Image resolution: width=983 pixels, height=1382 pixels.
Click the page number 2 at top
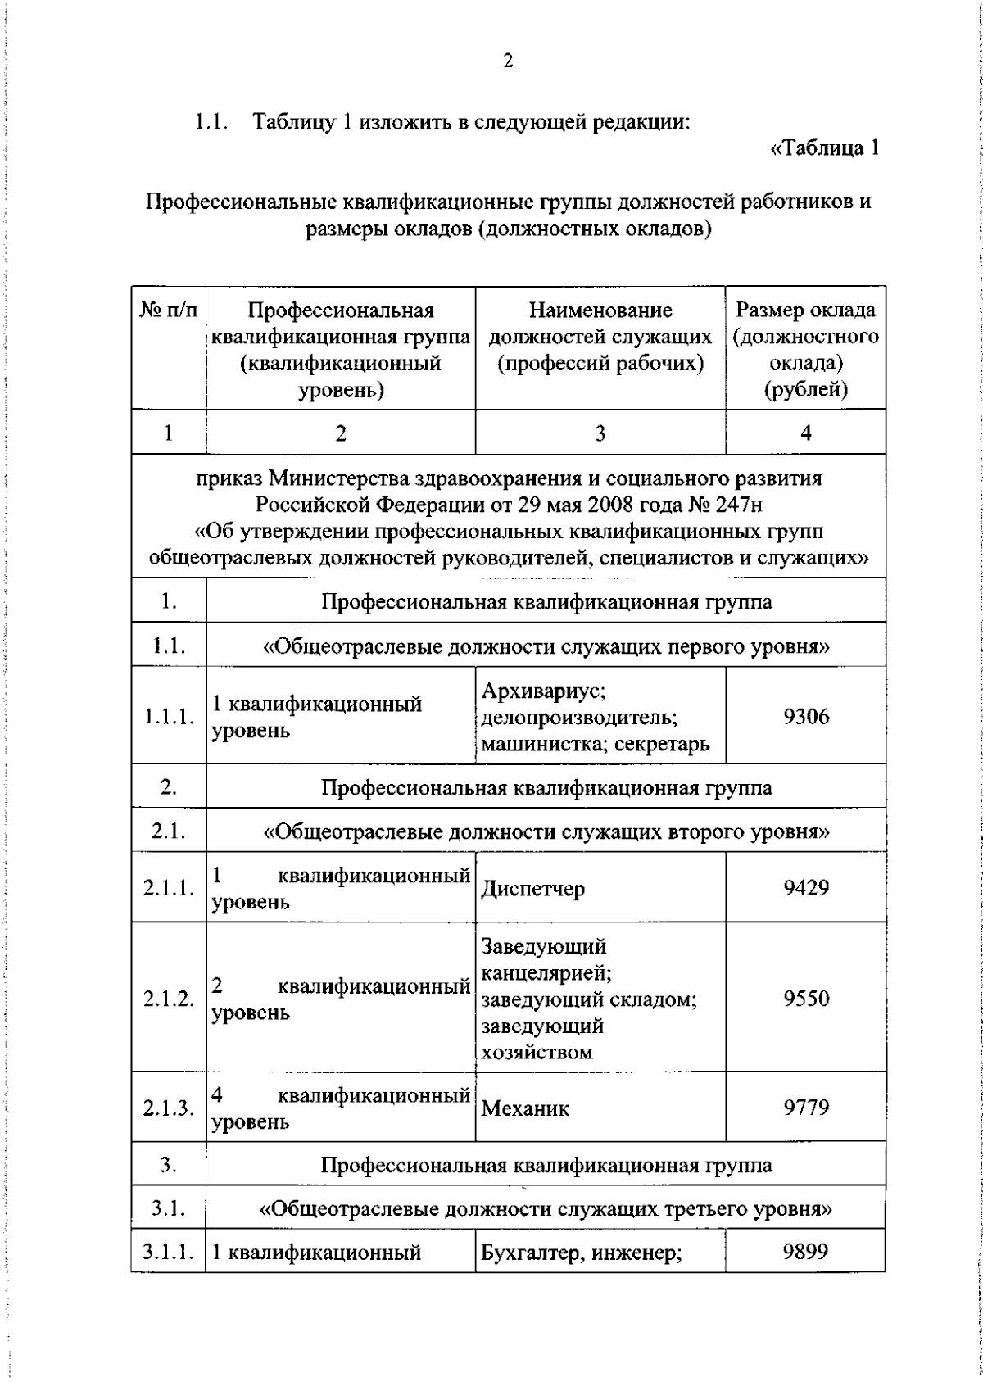point(508,61)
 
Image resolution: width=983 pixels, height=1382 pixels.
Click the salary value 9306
point(806,717)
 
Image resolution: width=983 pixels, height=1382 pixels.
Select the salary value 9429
point(806,887)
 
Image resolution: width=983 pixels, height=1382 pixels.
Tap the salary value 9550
point(806,999)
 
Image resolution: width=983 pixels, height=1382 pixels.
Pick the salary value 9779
point(806,1108)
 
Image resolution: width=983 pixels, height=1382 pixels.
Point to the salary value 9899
point(806,1251)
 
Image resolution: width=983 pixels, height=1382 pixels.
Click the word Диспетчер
point(532,889)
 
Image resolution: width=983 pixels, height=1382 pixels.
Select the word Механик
point(524,1109)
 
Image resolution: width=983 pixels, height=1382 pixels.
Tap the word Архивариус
point(543,691)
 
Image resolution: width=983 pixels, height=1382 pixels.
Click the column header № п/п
point(169,310)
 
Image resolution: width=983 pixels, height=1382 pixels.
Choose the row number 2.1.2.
point(169,999)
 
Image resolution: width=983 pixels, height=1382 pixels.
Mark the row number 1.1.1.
point(169,717)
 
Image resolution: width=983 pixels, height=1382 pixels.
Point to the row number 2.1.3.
point(169,1108)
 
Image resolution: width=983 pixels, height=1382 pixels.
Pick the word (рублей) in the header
point(806,389)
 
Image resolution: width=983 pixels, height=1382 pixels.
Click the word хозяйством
point(537,1053)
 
